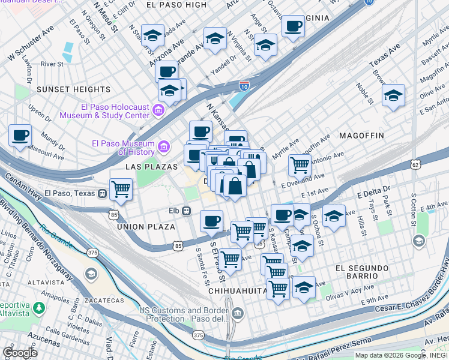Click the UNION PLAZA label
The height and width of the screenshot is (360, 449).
click(x=146, y=227)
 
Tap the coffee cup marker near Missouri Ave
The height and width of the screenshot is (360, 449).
click(x=20, y=135)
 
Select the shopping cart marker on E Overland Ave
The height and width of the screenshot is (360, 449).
click(x=299, y=164)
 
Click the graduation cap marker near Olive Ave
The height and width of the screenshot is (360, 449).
click(x=393, y=95)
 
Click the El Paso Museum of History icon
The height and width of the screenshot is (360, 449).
click(x=163, y=146)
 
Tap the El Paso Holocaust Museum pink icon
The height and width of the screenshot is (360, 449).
click(x=158, y=110)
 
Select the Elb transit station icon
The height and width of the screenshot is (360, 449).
click(x=187, y=211)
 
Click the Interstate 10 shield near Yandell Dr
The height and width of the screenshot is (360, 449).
click(x=244, y=86)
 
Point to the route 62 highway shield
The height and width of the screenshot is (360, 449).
click(x=415, y=164)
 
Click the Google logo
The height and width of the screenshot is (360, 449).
click(x=20, y=353)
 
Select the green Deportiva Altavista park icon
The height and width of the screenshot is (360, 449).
click(x=39, y=308)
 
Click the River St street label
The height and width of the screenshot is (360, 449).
click(x=52, y=64)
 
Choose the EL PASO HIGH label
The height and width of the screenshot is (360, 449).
click(x=176, y=5)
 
